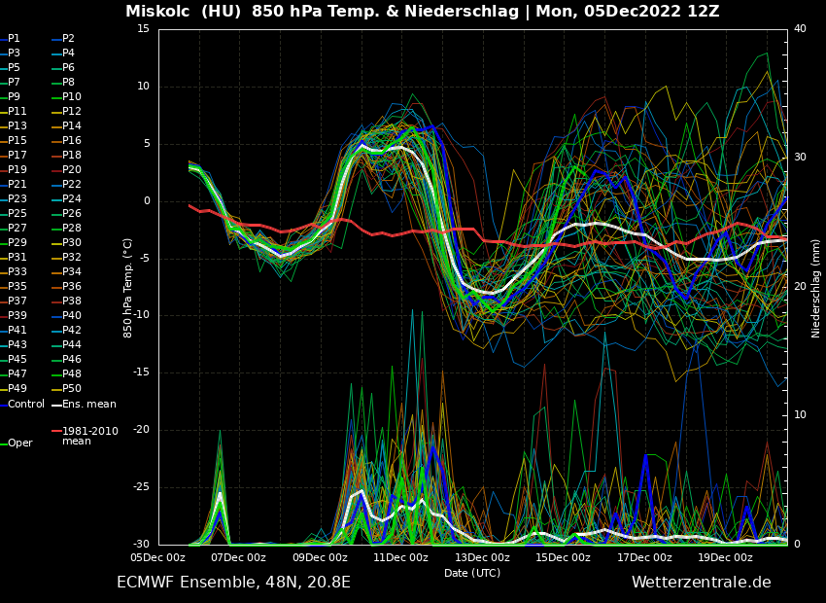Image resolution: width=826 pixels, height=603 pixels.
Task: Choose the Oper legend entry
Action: click(20, 443)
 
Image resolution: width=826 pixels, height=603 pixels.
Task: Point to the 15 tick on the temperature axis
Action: click(143, 29)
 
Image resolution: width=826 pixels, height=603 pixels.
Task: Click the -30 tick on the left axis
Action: click(141, 545)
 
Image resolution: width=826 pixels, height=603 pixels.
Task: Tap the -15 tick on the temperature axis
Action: click(141, 372)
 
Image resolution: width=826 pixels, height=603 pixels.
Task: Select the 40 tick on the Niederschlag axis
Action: click(800, 29)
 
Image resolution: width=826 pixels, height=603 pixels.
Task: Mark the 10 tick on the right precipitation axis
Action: click(800, 415)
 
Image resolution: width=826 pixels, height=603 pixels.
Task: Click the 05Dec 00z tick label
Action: click(157, 557)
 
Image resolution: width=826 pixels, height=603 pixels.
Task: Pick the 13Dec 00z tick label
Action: click(482, 557)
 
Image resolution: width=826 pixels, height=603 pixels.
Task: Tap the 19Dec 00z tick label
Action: click(725, 557)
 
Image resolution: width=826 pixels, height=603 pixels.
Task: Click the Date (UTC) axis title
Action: click(472, 573)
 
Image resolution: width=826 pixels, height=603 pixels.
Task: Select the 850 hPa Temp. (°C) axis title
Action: click(128, 287)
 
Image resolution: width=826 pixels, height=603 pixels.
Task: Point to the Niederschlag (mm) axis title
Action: click(816, 287)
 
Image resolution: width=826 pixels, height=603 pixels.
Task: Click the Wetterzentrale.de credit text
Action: click(701, 583)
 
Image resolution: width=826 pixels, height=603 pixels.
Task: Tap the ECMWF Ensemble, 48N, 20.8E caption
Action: click(233, 583)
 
